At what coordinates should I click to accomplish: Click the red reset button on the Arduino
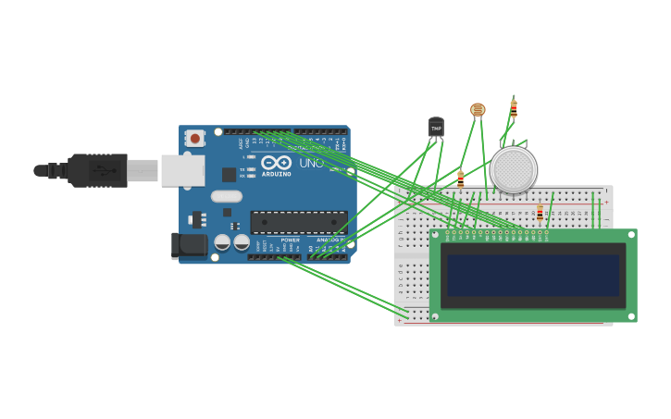pyautogui.click(x=194, y=139)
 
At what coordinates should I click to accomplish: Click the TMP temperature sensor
pyautogui.click(x=436, y=128)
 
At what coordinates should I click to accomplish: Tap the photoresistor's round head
pyautogui.click(x=478, y=110)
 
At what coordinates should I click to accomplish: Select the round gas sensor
pyautogui.click(x=514, y=169)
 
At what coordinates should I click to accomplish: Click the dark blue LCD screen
pyautogui.click(x=533, y=276)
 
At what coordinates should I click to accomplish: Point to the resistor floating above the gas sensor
pyautogui.click(x=514, y=108)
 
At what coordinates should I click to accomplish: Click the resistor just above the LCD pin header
pyautogui.click(x=540, y=213)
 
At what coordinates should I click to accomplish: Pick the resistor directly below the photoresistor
pyautogui.click(x=460, y=179)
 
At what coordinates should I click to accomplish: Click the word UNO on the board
pyautogui.click(x=311, y=164)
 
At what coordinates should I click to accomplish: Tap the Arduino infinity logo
pyautogui.click(x=276, y=162)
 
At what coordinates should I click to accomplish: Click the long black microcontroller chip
pyautogui.click(x=299, y=222)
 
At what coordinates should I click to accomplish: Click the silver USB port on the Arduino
pyautogui.click(x=182, y=170)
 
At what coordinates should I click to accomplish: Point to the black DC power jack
pyautogui.click(x=190, y=245)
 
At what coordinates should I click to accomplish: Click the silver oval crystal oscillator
pyautogui.click(x=226, y=196)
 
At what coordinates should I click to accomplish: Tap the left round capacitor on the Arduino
pyautogui.click(x=222, y=242)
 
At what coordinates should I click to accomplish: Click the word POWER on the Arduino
pyautogui.click(x=291, y=240)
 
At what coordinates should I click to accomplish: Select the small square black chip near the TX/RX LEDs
pyautogui.click(x=229, y=174)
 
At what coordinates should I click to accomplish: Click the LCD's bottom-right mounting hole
pyautogui.click(x=631, y=316)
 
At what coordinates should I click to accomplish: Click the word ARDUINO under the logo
pyautogui.click(x=276, y=174)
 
